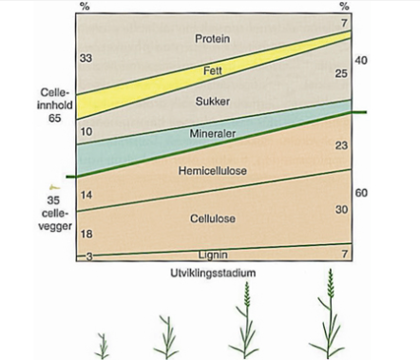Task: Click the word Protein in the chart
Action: tap(212, 39)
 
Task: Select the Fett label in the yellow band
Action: tap(213, 70)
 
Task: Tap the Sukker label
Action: tap(213, 102)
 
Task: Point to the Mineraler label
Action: tap(213, 133)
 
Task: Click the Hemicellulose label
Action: tap(213, 171)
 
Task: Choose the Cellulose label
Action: tap(213, 218)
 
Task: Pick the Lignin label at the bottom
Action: tap(213, 255)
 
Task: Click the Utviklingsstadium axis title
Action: tap(213, 273)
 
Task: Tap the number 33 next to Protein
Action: tap(86, 58)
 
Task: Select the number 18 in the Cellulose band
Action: tap(86, 234)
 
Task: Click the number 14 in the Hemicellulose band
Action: tap(86, 195)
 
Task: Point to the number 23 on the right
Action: tap(341, 145)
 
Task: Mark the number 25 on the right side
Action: tap(341, 74)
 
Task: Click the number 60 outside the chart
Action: tap(361, 193)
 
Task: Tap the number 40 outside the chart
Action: tap(361, 60)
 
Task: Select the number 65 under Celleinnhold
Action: tap(54, 118)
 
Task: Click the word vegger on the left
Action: tap(55, 226)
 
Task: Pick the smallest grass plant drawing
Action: tap(102, 346)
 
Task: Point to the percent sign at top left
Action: tap(85, 7)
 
